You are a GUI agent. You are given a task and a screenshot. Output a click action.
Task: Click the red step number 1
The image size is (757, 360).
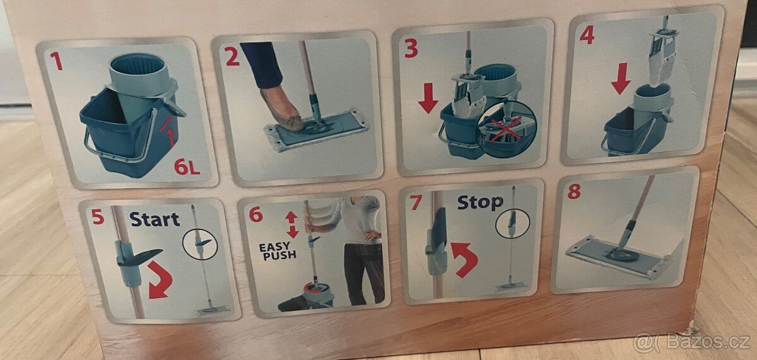pos(57,61)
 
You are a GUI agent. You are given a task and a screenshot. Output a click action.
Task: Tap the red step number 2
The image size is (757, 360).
pos(232,57)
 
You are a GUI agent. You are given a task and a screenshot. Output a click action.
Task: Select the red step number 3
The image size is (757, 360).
pos(411,48)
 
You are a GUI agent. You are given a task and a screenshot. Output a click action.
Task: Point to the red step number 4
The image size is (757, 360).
pos(587,35)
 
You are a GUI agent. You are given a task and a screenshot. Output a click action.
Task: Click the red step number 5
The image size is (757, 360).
pos(97,217)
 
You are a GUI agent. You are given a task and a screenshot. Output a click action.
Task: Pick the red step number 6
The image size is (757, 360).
pos(255,214)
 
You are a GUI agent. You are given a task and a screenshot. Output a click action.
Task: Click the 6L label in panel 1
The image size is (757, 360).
pos(187,167)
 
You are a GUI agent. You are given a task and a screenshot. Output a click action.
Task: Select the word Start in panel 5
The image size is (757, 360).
pos(155,219)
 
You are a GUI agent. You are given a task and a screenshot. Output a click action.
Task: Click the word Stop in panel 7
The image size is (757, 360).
pos(480,202)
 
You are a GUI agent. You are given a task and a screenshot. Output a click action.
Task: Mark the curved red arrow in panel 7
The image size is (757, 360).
pos(465,258)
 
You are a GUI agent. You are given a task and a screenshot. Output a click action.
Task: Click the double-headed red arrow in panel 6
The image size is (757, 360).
pos(291,224)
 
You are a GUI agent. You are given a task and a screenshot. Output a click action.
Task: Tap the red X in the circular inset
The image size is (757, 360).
pos(507,129)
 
